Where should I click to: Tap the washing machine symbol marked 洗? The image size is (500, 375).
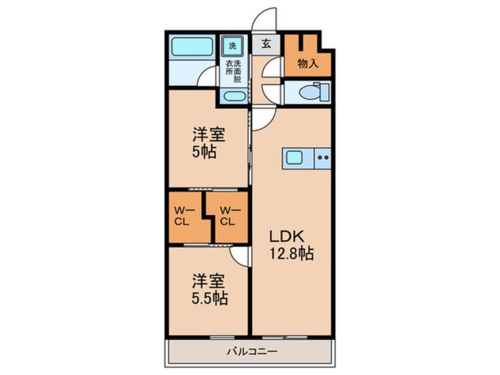tap(232, 45)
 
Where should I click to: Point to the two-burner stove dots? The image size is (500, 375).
tap(323, 158)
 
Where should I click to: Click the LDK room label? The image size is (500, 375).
tap(287, 236)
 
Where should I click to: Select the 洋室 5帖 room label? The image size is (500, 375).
tap(207, 141)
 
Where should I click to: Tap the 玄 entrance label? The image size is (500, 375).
tap(266, 44)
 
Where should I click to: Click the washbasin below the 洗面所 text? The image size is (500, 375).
tap(232, 97)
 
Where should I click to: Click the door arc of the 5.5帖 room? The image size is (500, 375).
tap(239, 254)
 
